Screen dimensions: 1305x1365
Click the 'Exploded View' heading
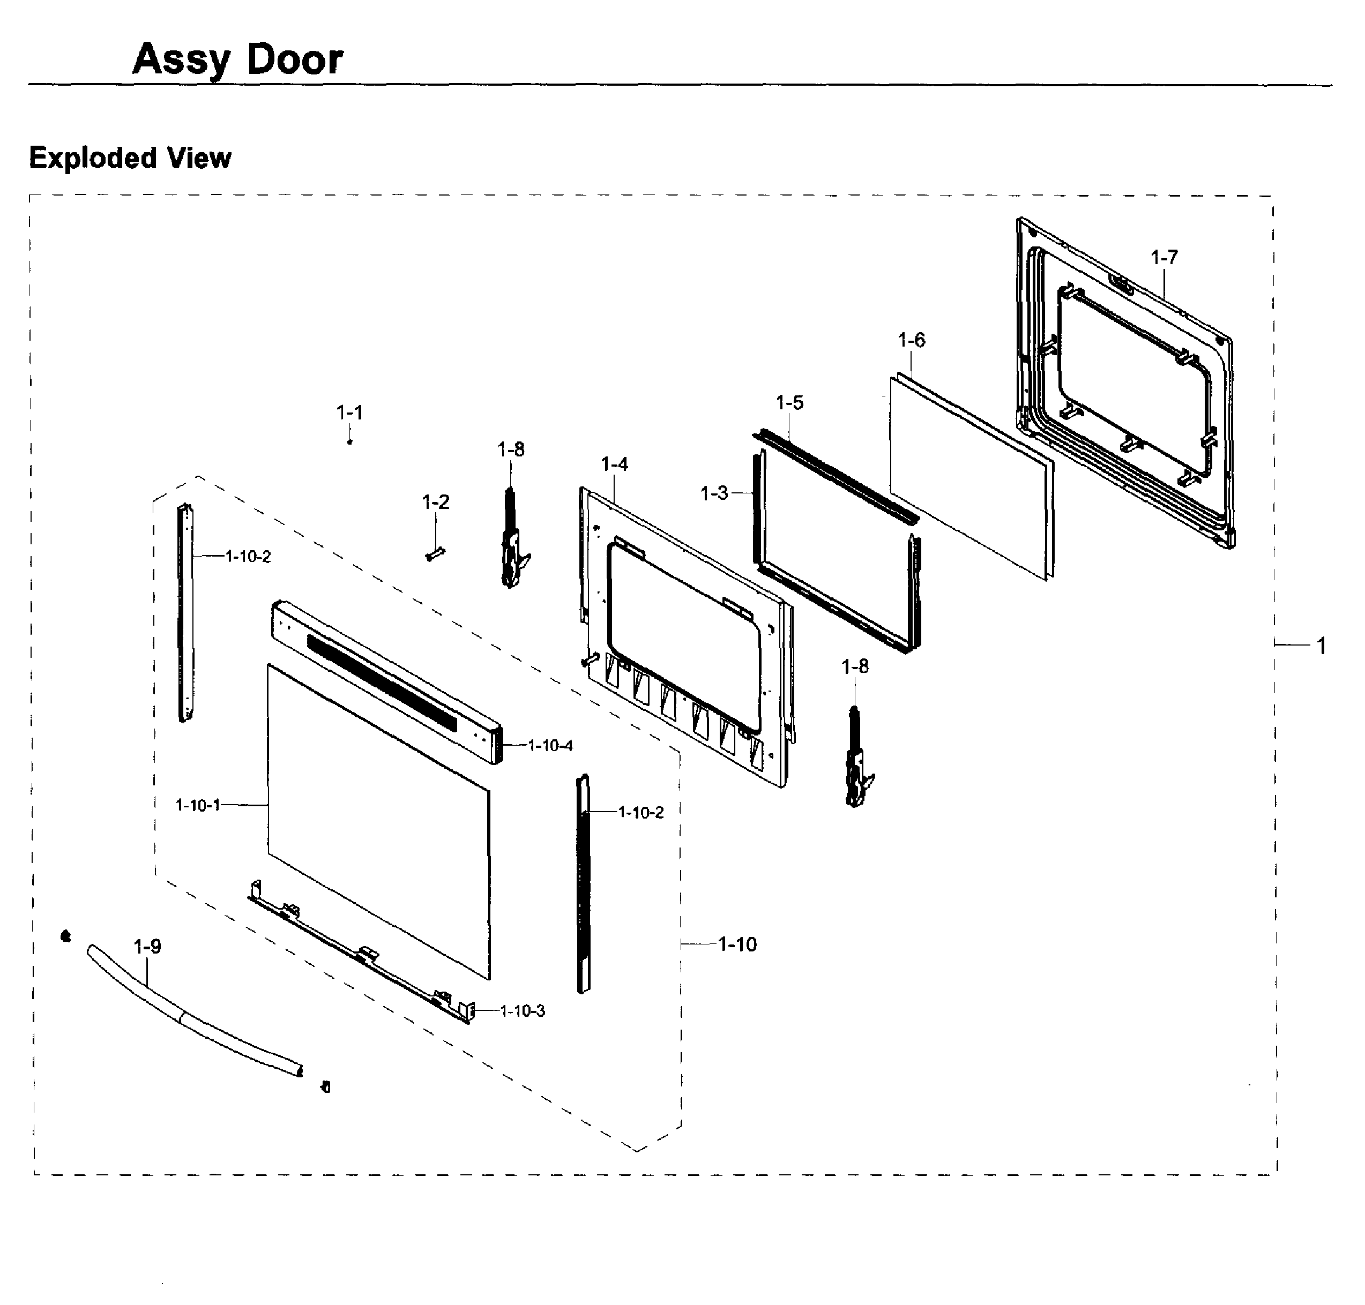pos(130,158)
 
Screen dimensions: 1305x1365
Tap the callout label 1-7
pos(1163,257)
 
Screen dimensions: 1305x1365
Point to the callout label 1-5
pos(789,403)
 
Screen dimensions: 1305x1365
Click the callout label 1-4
pos(614,464)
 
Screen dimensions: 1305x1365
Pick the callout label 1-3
pos(713,493)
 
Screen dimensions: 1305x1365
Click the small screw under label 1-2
pos(435,554)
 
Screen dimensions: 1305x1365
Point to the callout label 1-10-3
pos(522,1011)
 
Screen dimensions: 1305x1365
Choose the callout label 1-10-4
pos(550,746)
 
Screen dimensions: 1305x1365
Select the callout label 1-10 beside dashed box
pos(737,944)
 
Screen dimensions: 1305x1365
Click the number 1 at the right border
pos(1321,646)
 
